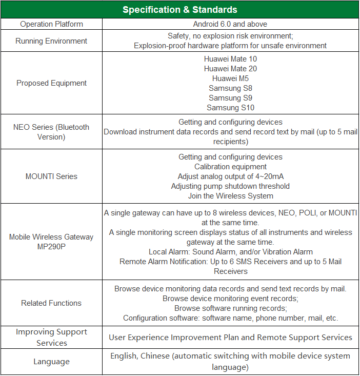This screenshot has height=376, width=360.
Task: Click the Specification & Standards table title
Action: pyautogui.click(x=179, y=10)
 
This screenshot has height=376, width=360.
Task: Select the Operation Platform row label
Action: pyautogui.click(x=51, y=24)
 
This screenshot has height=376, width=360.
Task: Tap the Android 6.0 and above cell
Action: pyautogui.click(x=230, y=24)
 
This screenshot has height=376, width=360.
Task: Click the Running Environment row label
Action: pyautogui.click(x=51, y=41)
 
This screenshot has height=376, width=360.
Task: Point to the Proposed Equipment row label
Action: pyautogui.click(x=51, y=83)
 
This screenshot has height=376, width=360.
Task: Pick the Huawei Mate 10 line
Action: pyautogui.click(x=230, y=59)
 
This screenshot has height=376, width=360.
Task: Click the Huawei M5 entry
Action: pyautogui.click(x=230, y=78)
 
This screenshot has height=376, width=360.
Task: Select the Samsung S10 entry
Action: pyautogui.click(x=230, y=108)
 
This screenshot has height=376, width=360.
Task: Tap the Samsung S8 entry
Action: pyautogui.click(x=230, y=88)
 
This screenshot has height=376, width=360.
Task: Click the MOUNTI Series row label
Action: pyautogui.click(x=51, y=176)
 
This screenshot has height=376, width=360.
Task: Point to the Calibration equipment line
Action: pyautogui.click(x=230, y=167)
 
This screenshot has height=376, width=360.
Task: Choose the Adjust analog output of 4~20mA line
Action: pyautogui.click(x=230, y=176)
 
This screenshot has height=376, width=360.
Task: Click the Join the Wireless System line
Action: pyautogui.click(x=230, y=196)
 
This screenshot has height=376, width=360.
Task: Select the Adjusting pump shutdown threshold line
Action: pyautogui.click(x=230, y=186)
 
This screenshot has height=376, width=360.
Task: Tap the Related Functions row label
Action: pyautogui.click(x=51, y=303)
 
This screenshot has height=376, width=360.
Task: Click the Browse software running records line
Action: pyautogui.click(x=230, y=308)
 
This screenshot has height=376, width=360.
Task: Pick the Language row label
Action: pyautogui.click(x=51, y=362)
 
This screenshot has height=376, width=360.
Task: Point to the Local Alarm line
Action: pyautogui.click(x=230, y=252)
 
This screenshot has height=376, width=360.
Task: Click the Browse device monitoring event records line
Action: pyautogui.click(x=230, y=299)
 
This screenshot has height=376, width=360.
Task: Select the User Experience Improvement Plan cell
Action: pyautogui.click(x=230, y=338)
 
